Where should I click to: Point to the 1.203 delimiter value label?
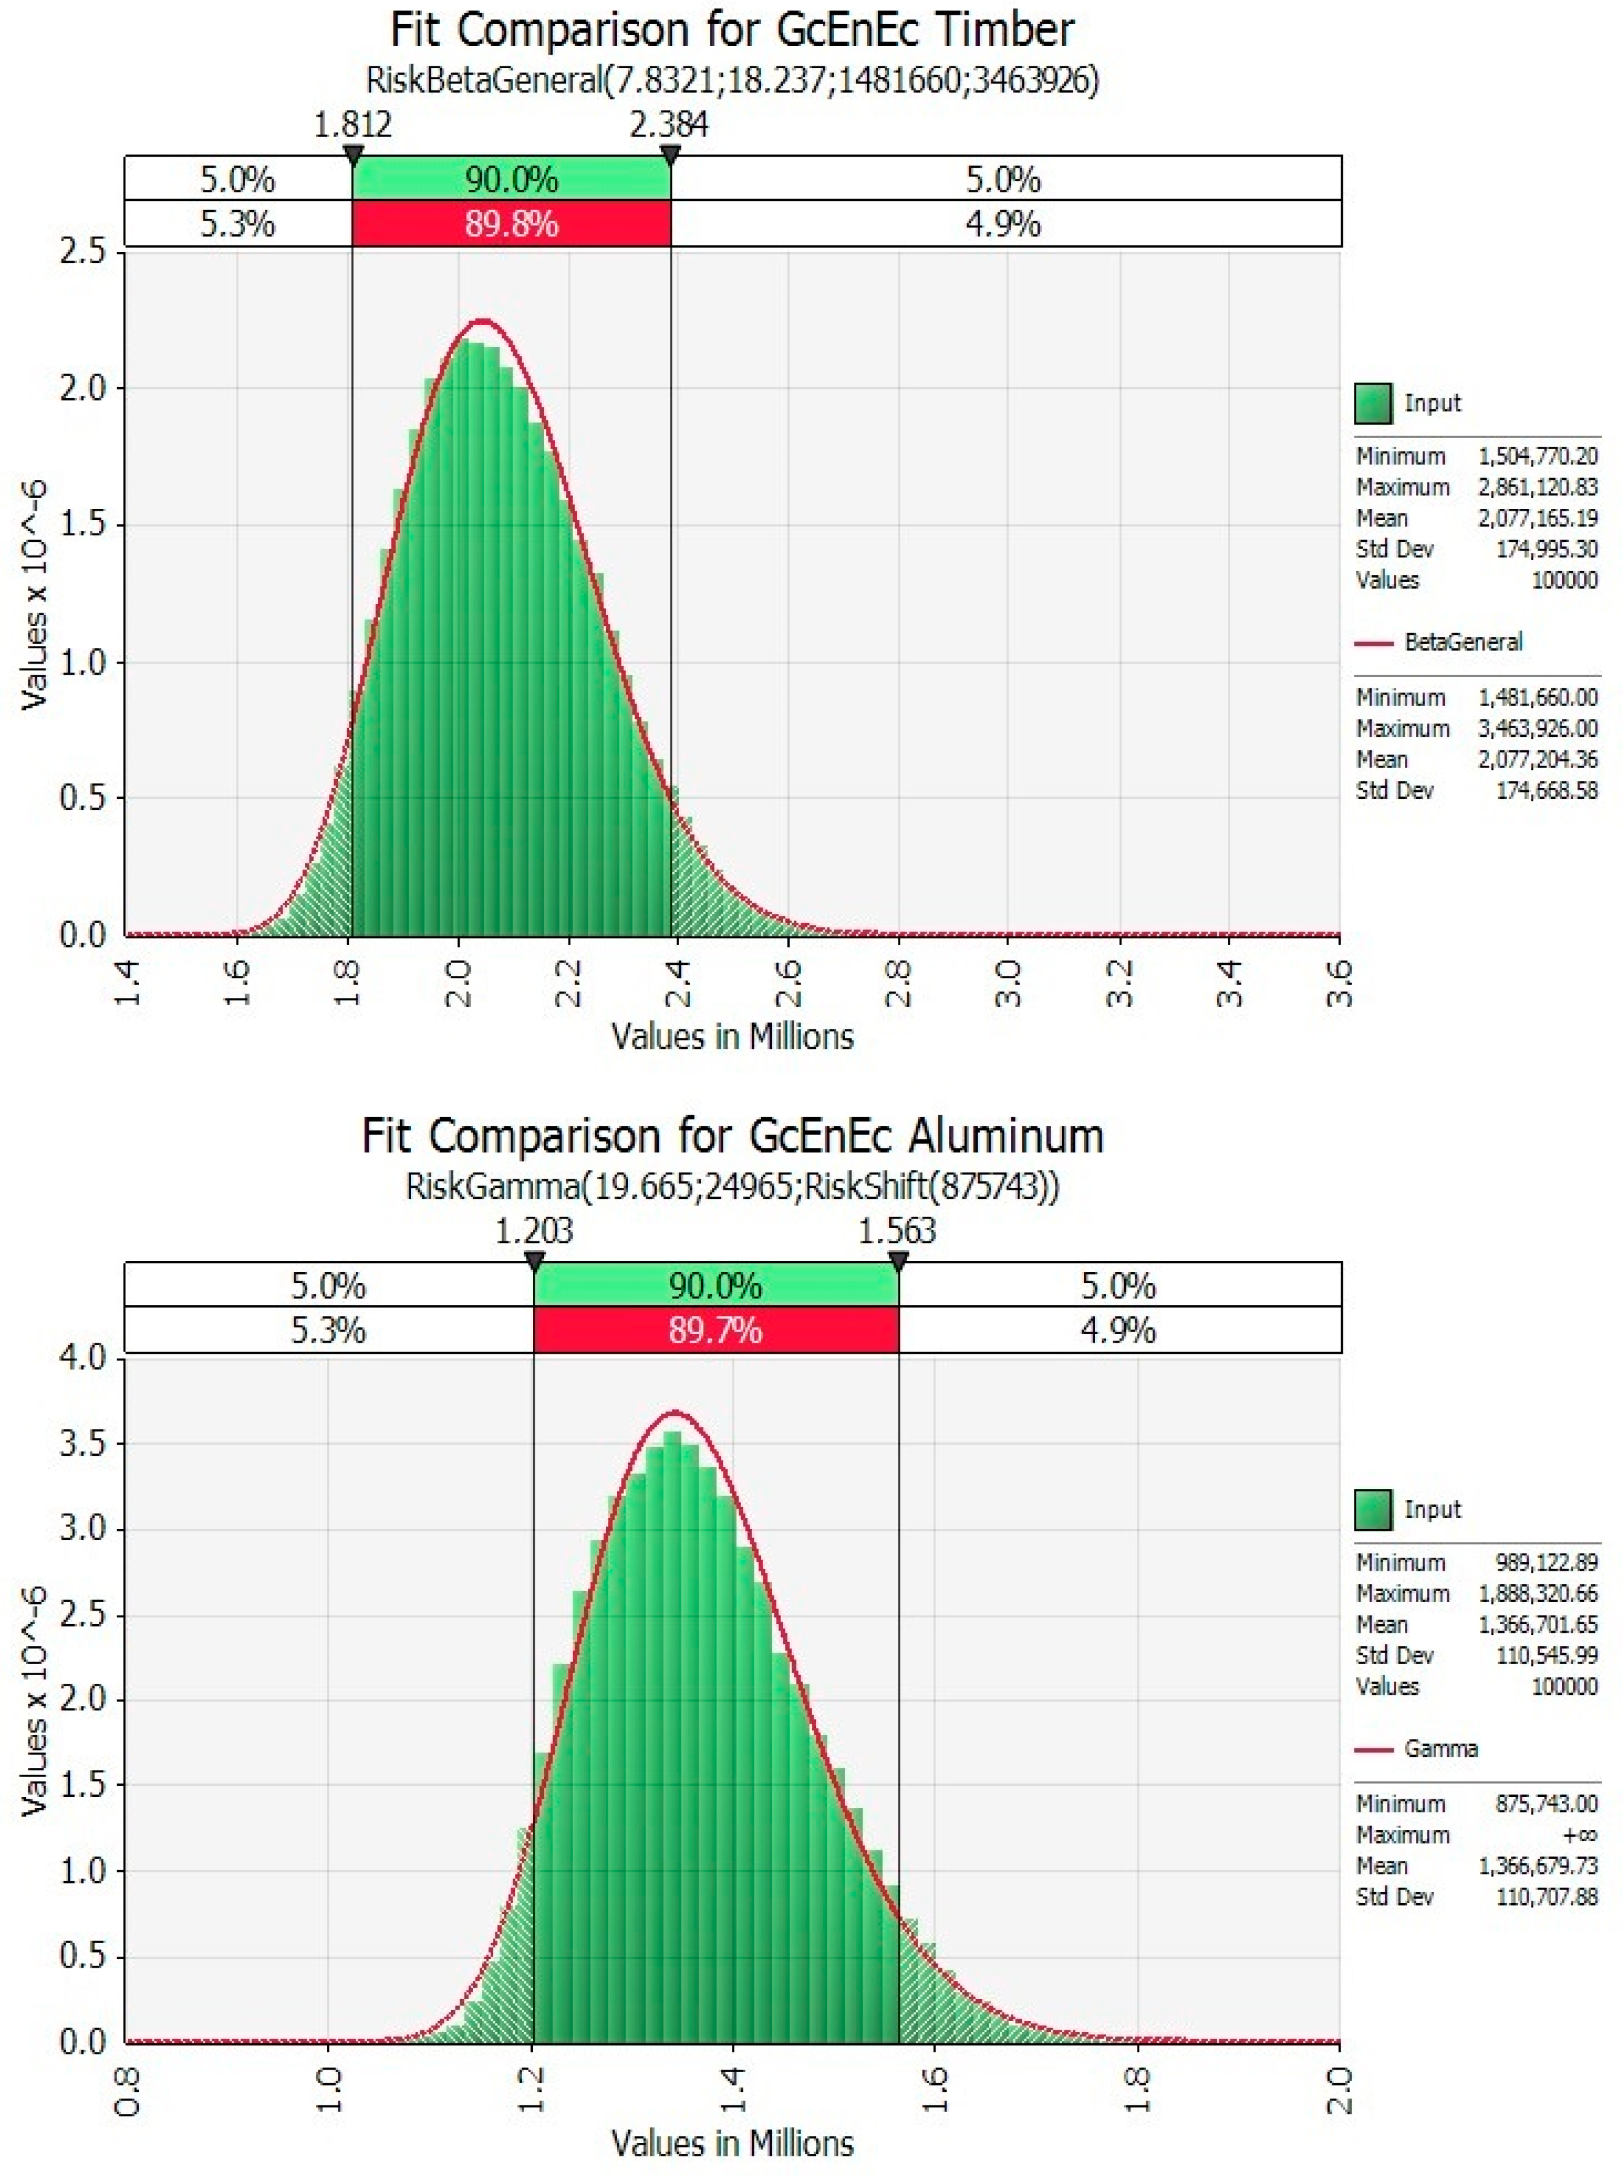pos(533,1231)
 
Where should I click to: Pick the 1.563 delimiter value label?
pos(897,1231)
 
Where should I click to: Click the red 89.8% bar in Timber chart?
pos(511,224)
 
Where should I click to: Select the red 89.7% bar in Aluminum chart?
pos(715,1330)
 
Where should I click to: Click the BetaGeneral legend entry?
pos(1462,643)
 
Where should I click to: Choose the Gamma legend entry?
pos(1440,1749)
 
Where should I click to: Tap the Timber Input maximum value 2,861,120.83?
pos(1538,487)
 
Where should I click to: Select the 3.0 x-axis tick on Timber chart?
pos(1009,983)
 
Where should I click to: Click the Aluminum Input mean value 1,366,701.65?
pos(1538,1624)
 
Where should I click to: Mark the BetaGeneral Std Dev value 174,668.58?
pos(1546,791)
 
